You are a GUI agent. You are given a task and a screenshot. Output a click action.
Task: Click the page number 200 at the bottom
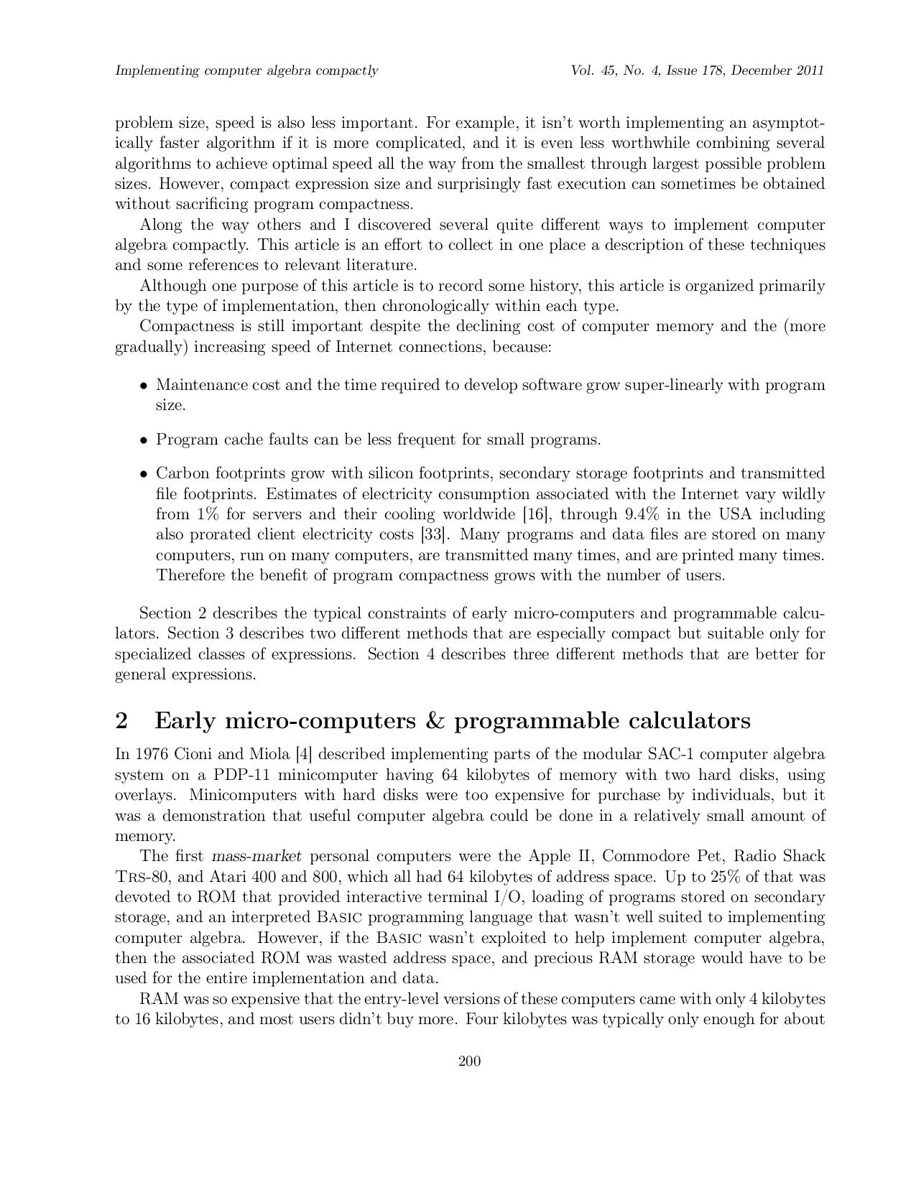tap(469, 1061)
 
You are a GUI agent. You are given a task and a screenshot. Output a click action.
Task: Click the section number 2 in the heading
tap(121, 720)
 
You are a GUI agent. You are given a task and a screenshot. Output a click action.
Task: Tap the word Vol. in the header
tap(583, 70)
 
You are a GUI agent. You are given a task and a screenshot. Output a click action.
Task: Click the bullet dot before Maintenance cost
tap(144, 386)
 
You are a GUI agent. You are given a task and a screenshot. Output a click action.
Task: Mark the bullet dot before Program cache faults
tap(144, 440)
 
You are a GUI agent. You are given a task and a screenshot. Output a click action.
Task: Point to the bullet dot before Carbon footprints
tap(144, 474)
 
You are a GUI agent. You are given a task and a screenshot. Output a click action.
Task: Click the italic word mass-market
tap(256, 856)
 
